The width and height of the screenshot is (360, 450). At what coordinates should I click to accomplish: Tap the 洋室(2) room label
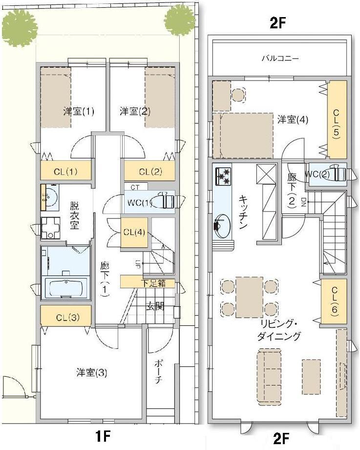click(x=135, y=111)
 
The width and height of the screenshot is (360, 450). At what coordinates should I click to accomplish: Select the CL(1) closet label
click(x=65, y=171)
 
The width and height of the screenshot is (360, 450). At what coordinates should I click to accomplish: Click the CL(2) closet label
click(x=150, y=171)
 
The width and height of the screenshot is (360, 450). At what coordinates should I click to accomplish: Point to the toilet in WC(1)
click(x=166, y=201)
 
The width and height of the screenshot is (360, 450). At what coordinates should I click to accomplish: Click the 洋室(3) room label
click(x=92, y=373)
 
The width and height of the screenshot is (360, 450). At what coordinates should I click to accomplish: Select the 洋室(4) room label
click(x=293, y=119)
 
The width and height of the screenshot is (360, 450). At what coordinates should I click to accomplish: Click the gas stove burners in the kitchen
click(x=223, y=176)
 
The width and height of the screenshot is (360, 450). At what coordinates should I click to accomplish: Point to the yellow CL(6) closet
click(x=334, y=300)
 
